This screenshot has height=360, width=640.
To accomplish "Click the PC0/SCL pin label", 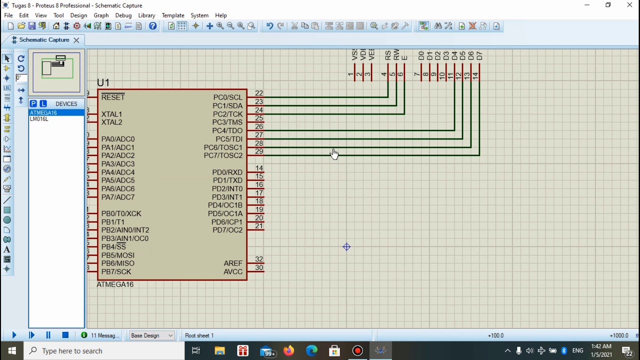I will pyautogui.click(x=227, y=97).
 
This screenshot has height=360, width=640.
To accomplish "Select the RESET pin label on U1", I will pyautogui.click(x=113, y=97).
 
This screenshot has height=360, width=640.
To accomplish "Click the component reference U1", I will pyautogui.click(x=103, y=83).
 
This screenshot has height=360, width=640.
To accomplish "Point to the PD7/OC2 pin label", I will pyautogui.click(x=227, y=230).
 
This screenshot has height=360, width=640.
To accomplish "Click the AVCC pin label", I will pyautogui.click(x=233, y=272).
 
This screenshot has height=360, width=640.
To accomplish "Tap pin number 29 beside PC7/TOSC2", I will pyautogui.click(x=258, y=151).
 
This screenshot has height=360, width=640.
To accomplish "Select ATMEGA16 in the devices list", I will pyautogui.click(x=43, y=113).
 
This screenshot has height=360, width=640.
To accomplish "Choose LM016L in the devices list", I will pyautogui.click(x=39, y=119).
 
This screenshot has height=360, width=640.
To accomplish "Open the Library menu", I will pyautogui.click(x=146, y=15).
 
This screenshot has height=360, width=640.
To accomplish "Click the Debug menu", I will pyautogui.click(x=123, y=15).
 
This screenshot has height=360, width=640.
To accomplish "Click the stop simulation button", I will pyautogui.click(x=65, y=335).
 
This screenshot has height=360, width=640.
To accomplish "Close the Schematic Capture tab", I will pyautogui.click(x=76, y=40).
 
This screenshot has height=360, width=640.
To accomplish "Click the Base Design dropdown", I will pyautogui.click(x=151, y=335).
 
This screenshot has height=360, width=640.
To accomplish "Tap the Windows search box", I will pyautogui.click(x=105, y=351).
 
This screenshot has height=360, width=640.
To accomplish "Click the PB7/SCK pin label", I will pyautogui.click(x=116, y=272).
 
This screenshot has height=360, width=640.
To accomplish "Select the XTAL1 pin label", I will pyautogui.click(x=111, y=114).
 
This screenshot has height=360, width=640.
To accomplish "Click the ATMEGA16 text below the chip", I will pyautogui.click(x=115, y=284).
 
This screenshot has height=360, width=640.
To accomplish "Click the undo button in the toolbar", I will pyautogui.click(x=269, y=26).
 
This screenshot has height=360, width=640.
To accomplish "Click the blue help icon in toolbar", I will pyautogui.click(x=153, y=26).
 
